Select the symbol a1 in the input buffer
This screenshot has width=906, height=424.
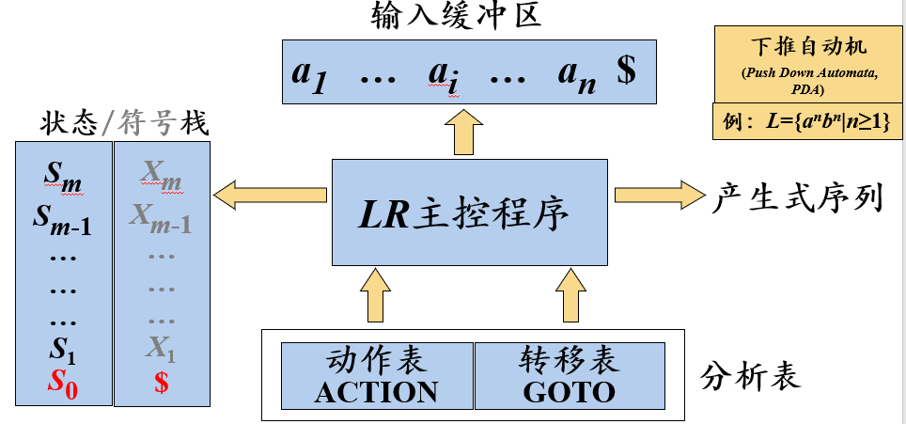308,72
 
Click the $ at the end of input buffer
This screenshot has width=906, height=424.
626,71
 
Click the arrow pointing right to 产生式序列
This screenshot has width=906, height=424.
659,195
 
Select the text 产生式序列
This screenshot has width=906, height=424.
798,196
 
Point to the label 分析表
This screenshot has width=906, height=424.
751,376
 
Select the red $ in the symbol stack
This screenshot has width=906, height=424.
161,385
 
